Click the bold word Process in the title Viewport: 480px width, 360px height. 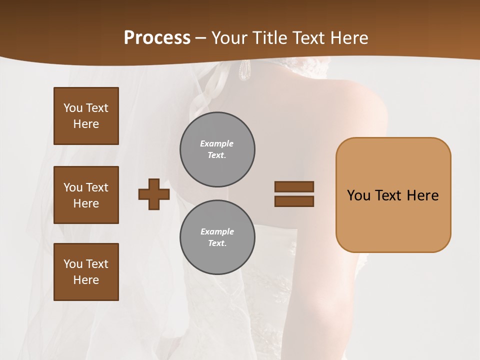coord(157,37)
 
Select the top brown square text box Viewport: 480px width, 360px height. coord(86,116)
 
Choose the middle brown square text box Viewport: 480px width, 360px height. coord(86,195)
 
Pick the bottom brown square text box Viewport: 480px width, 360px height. coord(86,272)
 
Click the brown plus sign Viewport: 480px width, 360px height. coord(154,194)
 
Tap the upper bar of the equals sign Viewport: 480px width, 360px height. coord(294,186)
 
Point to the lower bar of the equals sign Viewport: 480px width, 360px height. coord(294,201)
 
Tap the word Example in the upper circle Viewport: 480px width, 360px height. coord(216,144)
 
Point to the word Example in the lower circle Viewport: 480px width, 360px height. coord(217,232)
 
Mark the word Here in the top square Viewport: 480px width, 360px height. coord(86,124)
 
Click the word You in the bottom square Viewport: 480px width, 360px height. coord(72,264)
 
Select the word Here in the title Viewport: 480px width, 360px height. coord(349,38)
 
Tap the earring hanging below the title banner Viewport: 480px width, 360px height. coord(244,70)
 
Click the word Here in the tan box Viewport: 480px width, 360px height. coord(422,195)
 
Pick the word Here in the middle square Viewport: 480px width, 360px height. coord(86,203)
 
